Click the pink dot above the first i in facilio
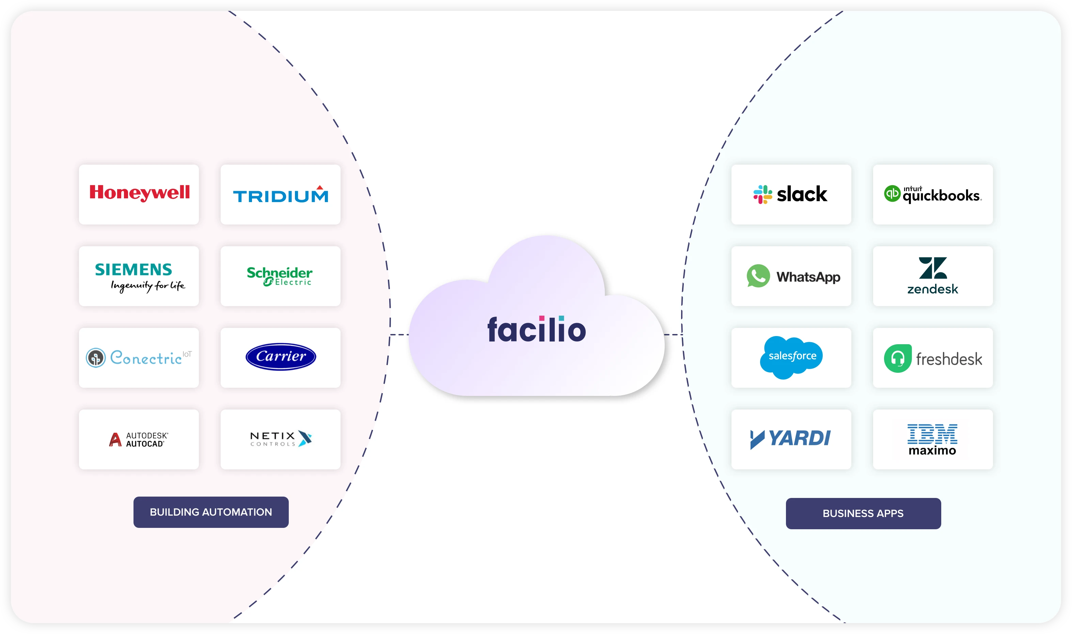(542, 318)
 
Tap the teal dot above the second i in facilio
(562, 318)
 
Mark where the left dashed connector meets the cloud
(409, 334)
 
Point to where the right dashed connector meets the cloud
(664, 334)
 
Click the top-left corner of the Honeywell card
(79, 165)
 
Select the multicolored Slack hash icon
(762, 195)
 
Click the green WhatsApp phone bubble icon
(758, 276)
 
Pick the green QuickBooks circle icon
(893, 194)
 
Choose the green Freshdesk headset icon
(898, 358)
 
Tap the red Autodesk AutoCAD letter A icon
(115, 439)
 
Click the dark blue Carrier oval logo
(281, 357)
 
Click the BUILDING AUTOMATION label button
(211, 512)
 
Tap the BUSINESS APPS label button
(863, 513)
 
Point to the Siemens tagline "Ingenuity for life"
(148, 286)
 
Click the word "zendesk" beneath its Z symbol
(933, 289)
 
